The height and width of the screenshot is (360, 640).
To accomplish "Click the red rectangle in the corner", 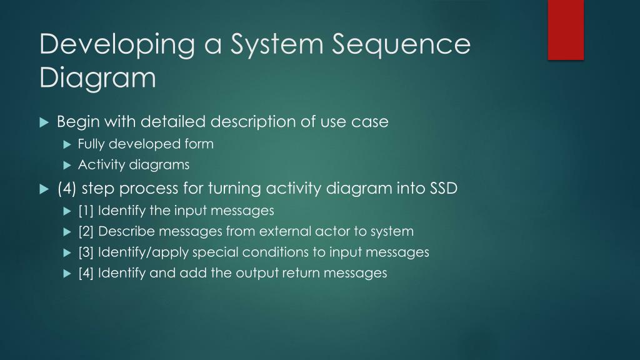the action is (x=566, y=29).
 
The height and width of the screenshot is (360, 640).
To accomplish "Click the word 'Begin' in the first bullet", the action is (x=79, y=121).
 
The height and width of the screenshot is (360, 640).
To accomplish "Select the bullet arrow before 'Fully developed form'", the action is (x=68, y=144).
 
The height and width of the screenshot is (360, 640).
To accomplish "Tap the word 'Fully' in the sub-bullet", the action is (x=91, y=144).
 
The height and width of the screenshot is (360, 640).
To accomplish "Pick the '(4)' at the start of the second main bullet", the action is (x=67, y=188).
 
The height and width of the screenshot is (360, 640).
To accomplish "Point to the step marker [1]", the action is (x=86, y=211).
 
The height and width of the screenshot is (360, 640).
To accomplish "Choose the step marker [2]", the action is (x=86, y=231).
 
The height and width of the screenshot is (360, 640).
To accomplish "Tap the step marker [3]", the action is (x=86, y=252).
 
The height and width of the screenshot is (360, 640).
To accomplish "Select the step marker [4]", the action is (x=86, y=273).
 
